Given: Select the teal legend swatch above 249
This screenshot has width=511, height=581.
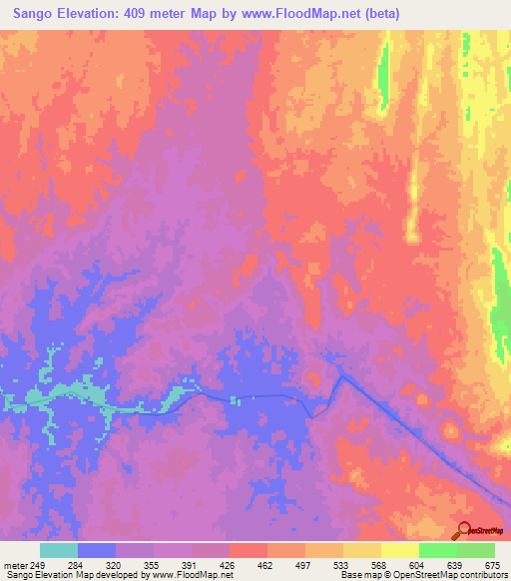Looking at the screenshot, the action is (59, 550).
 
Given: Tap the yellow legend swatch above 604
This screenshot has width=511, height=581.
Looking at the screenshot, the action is (400, 550).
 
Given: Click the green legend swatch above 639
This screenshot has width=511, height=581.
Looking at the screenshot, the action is (438, 550).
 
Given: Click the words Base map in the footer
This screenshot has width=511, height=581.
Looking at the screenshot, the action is (357, 575).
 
